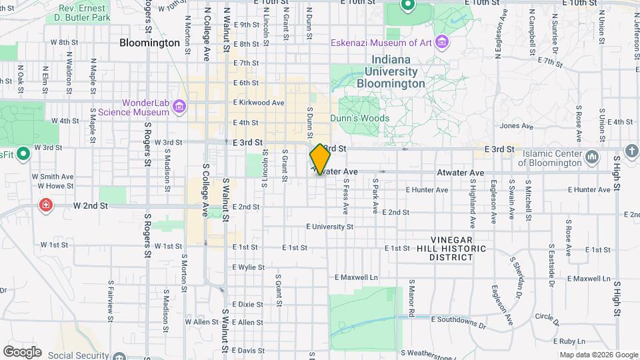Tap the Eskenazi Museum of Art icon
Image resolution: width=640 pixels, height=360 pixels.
(x=441, y=43)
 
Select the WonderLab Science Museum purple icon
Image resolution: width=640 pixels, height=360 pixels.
(x=179, y=107)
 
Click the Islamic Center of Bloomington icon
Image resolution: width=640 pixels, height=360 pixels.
(x=591, y=158)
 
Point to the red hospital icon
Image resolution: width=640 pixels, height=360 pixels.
(x=46, y=205)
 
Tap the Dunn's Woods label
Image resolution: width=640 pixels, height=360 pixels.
(x=360, y=118)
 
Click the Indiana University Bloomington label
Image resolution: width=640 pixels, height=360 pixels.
(x=391, y=72)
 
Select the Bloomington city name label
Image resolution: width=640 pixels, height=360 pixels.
(x=150, y=43)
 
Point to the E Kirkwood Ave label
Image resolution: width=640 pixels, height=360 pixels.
(x=259, y=103)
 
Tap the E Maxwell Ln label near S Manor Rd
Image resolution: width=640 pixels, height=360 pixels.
(x=356, y=277)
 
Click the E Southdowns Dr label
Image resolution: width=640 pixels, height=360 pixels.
(x=459, y=325)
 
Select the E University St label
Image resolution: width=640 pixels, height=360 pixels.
(x=329, y=227)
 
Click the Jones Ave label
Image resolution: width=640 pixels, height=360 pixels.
(x=517, y=126)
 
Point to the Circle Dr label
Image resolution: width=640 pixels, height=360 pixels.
(x=546, y=316)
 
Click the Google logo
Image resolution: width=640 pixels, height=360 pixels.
(x=22, y=352)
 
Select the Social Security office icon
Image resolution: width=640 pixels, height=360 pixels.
(x=119, y=356)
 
